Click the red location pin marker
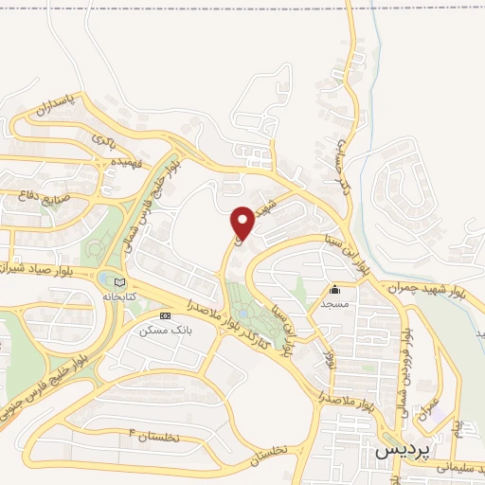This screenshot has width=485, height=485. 242,223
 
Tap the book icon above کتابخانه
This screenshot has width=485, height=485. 118,281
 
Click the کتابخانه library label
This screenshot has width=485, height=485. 120,296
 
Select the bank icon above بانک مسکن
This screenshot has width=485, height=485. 166,314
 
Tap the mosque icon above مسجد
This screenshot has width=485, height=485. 333,290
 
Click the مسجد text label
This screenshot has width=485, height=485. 334,303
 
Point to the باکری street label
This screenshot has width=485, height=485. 103,139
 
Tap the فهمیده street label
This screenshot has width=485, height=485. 105,163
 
